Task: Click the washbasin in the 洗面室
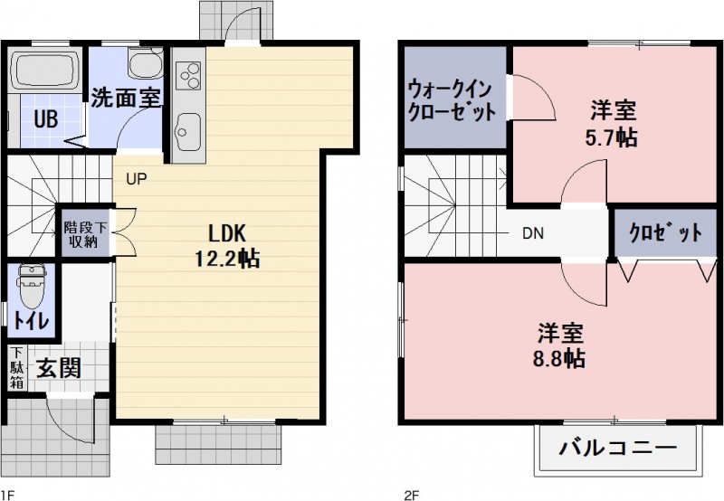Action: (142, 64)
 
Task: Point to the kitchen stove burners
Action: (190, 73)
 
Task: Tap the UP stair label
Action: (137, 178)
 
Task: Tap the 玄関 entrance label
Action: (59, 368)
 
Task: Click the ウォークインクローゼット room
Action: (452, 99)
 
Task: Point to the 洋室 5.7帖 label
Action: (614, 124)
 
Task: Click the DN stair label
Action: (532, 232)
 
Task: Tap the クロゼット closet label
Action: (665, 232)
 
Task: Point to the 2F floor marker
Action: (410, 494)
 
